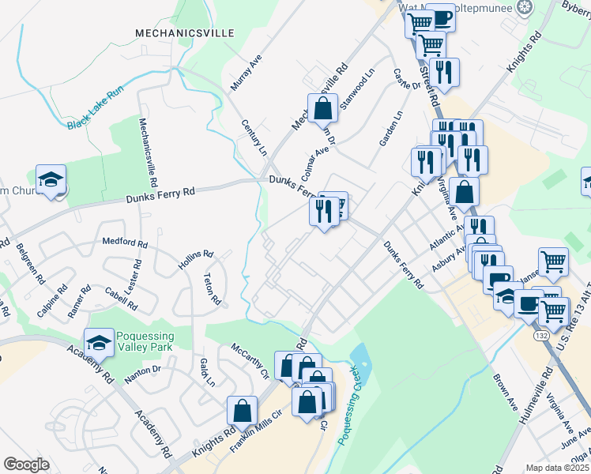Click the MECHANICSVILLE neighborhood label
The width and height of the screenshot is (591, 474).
(x=184, y=33)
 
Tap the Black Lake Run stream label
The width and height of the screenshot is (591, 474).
(x=96, y=108)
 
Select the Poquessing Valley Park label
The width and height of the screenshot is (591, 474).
(x=145, y=342)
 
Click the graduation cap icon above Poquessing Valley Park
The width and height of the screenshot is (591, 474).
(x=99, y=342)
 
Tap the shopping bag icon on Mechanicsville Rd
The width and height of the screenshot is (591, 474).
(x=323, y=109)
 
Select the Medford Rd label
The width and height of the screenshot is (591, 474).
(x=125, y=243)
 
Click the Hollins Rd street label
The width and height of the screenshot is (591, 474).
(x=196, y=260)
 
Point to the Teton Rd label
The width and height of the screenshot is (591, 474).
(x=212, y=290)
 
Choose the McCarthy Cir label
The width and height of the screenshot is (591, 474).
(x=250, y=360)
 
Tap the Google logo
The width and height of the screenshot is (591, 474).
(x=26, y=465)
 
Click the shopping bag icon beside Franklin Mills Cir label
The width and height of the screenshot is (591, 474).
(x=242, y=410)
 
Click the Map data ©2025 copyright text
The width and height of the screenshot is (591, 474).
(x=558, y=468)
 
